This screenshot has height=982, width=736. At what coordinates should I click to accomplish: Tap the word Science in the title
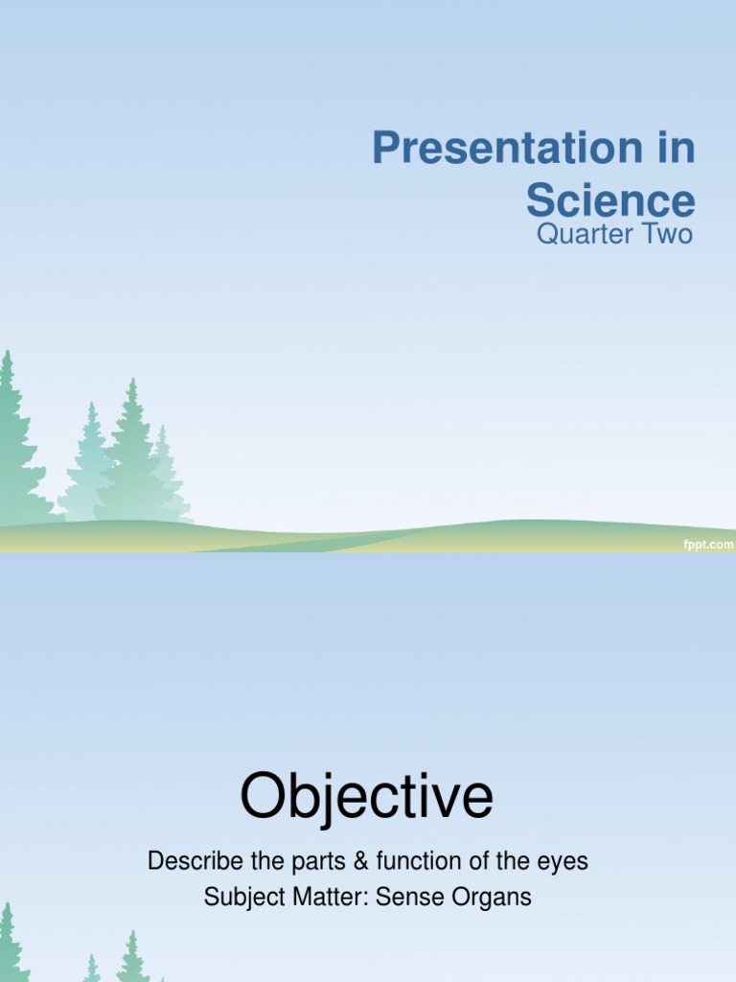609,200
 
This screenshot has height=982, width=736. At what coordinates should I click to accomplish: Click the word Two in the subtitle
668,234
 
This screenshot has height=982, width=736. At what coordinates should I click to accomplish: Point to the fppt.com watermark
707,544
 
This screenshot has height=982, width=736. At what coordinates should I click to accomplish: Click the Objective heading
367,798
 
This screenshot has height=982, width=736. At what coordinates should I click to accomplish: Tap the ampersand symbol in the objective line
360,862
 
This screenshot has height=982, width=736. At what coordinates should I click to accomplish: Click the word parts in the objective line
322,862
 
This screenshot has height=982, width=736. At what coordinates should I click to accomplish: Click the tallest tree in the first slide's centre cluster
131,451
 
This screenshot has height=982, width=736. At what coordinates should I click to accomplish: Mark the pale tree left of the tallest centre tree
91,465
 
